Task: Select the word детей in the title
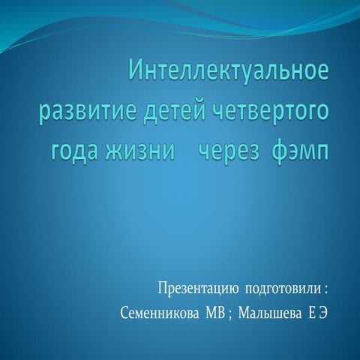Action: pyautogui.click(x=175, y=112)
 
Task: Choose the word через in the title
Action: pyautogui.click(x=230, y=151)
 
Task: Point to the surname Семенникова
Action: pyautogui.click(x=160, y=313)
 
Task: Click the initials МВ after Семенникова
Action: pyautogui.click(x=215, y=313)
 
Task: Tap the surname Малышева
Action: pyautogui.click(x=270, y=313)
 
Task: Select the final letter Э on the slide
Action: pyautogui.click(x=322, y=313)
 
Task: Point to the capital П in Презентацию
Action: pyautogui.click(x=163, y=289)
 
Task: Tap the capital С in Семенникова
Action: pyautogui.click(x=124, y=313)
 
